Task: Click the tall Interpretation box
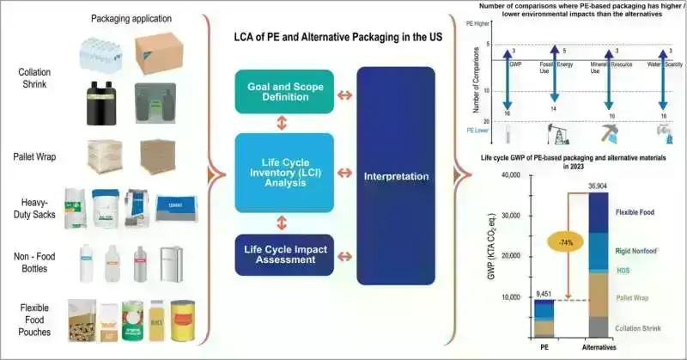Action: pos(397,176)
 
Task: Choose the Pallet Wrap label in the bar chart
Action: pos(636,297)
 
